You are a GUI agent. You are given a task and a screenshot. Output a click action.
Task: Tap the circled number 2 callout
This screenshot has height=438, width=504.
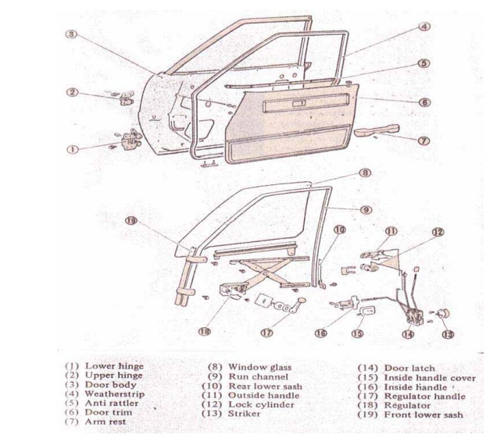[x=72, y=92]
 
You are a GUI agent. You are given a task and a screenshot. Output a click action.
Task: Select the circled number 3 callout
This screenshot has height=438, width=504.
[x=70, y=34]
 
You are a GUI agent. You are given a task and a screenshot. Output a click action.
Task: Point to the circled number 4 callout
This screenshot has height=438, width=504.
[x=423, y=26]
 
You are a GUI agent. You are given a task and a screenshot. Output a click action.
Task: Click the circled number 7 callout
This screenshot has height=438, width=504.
[x=423, y=141]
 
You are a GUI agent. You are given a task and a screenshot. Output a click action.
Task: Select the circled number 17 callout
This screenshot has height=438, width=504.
[x=266, y=331]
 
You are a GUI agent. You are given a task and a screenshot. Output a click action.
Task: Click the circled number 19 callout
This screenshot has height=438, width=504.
[x=133, y=222]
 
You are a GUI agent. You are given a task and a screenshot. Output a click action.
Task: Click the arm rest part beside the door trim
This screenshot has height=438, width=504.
[x=378, y=130]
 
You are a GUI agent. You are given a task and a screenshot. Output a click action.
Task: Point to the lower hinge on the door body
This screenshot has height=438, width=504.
[x=125, y=141]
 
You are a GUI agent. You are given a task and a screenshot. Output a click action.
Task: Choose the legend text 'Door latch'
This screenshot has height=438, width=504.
[x=409, y=368]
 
